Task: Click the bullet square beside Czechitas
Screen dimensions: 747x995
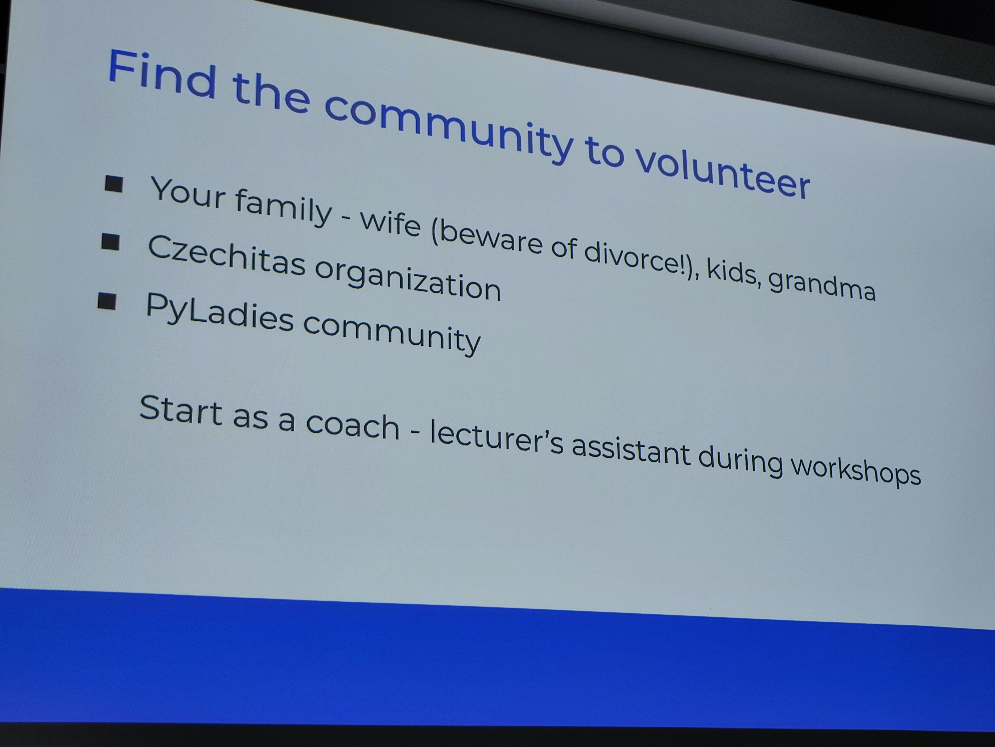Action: tap(110, 242)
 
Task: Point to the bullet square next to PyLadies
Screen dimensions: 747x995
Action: tap(107, 301)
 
